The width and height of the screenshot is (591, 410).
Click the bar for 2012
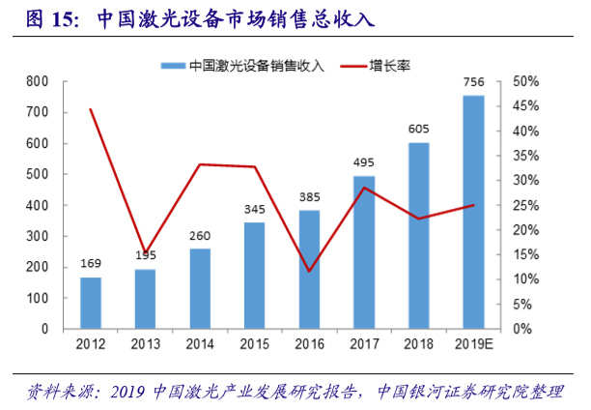90,303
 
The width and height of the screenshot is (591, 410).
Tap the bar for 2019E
474,212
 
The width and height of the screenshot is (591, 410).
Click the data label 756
474,83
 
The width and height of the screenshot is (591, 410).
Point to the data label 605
419,130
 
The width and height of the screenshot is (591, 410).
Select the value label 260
200,236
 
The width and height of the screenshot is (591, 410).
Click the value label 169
90,264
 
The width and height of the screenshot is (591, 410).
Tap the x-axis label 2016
309,343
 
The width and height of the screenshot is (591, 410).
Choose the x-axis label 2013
145,343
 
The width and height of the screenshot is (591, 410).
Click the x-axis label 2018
419,343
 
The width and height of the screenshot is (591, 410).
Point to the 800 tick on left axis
37,81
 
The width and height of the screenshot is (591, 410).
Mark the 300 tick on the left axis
37,236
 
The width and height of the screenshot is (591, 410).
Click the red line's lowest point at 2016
309,271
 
